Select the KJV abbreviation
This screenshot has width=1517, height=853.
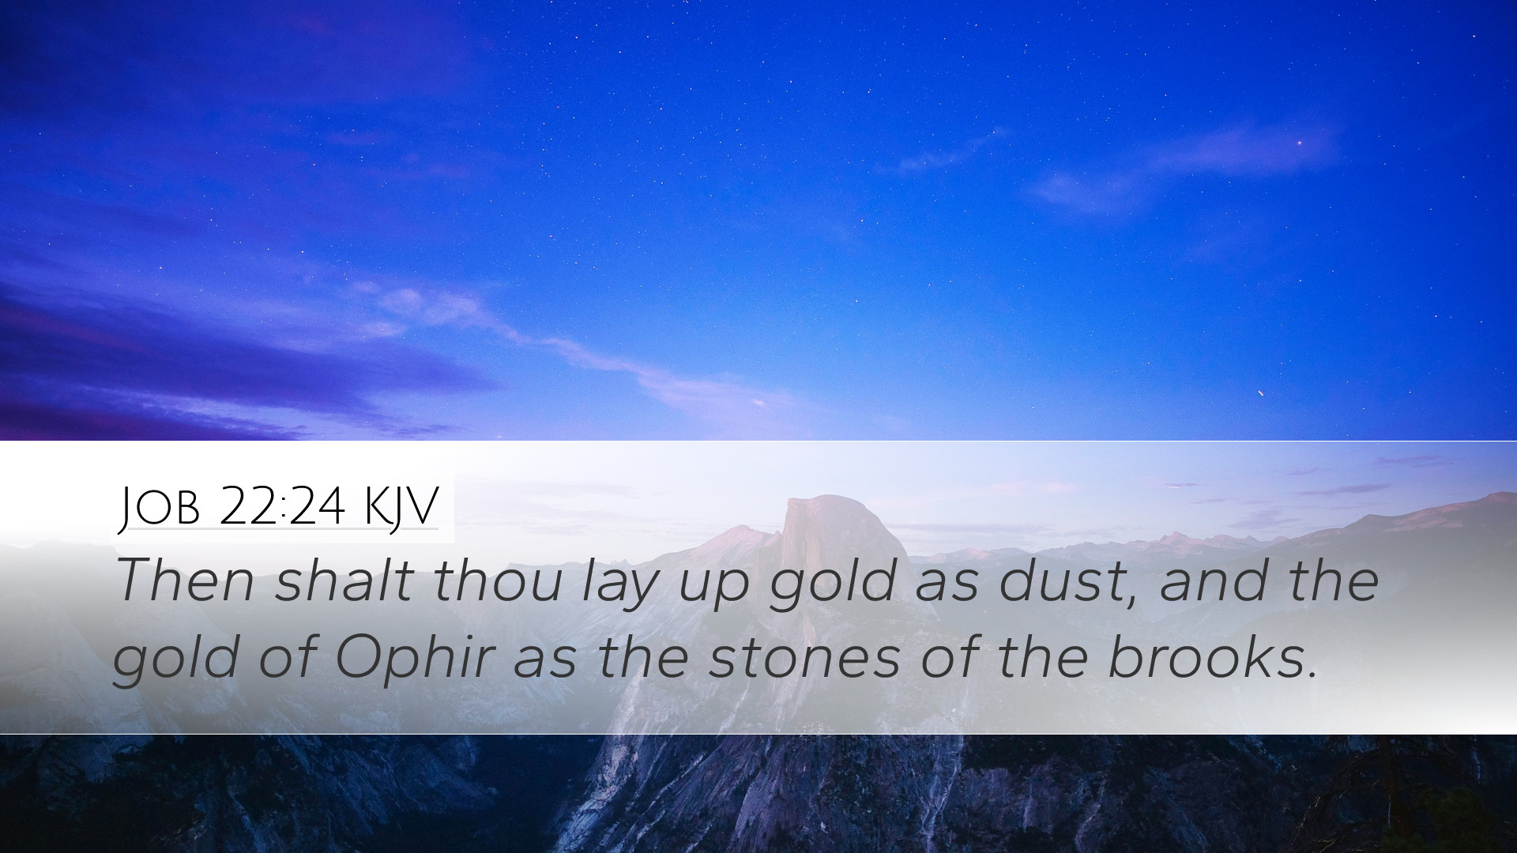click(401, 508)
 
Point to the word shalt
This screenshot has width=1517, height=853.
click(344, 581)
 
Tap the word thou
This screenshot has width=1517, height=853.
click(497, 581)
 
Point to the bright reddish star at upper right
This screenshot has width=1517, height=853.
click(1300, 143)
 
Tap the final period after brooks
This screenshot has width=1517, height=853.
click(1311, 675)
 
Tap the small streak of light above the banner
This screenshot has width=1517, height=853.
click(1260, 393)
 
